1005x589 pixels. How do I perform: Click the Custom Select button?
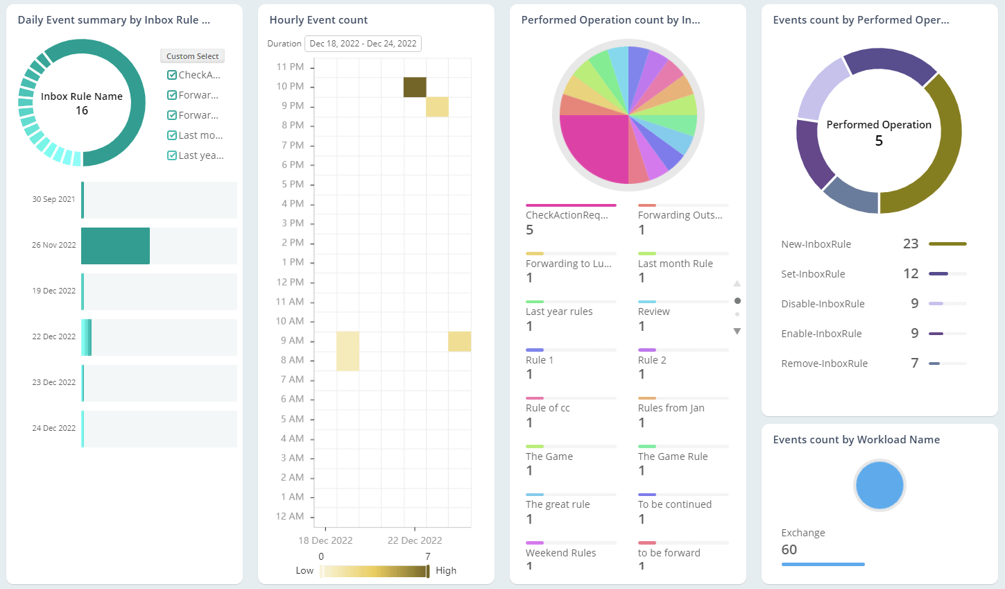192,56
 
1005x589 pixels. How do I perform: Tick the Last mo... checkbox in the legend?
172,135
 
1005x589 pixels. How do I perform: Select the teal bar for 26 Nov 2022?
115,246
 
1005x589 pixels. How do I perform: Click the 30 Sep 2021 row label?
53,199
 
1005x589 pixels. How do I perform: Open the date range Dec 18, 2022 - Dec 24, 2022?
363,44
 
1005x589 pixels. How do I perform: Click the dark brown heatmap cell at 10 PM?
415,87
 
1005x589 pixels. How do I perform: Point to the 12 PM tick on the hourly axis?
290,282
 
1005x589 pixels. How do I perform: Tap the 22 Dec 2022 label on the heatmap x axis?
415,540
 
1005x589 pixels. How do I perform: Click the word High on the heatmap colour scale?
446,570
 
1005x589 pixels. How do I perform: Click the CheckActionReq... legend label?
567,215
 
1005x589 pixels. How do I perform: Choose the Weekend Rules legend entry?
560,553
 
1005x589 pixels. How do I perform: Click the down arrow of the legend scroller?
737,332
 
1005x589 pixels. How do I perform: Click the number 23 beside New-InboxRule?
911,244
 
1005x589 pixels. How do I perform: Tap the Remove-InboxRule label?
824,364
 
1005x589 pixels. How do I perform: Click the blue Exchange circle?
879,485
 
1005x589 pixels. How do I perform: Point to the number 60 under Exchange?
789,549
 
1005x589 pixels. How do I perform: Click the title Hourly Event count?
318,20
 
